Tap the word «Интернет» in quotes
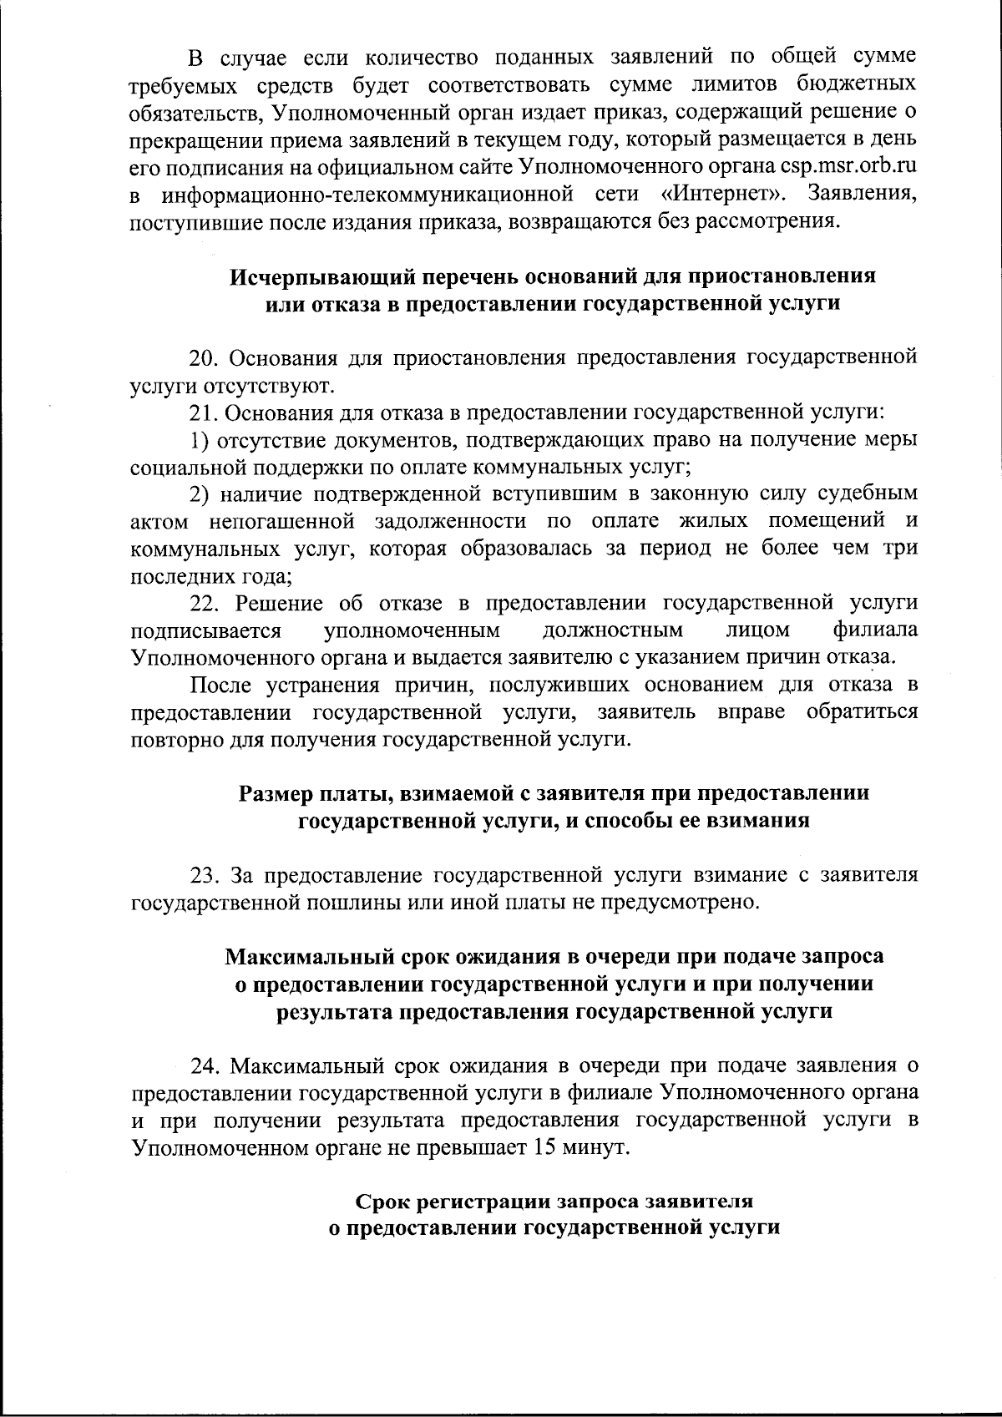point(726,195)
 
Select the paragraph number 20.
point(204,358)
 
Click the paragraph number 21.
point(204,412)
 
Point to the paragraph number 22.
point(204,602)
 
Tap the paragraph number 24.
point(205,1066)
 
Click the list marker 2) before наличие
point(199,494)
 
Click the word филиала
point(876,629)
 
